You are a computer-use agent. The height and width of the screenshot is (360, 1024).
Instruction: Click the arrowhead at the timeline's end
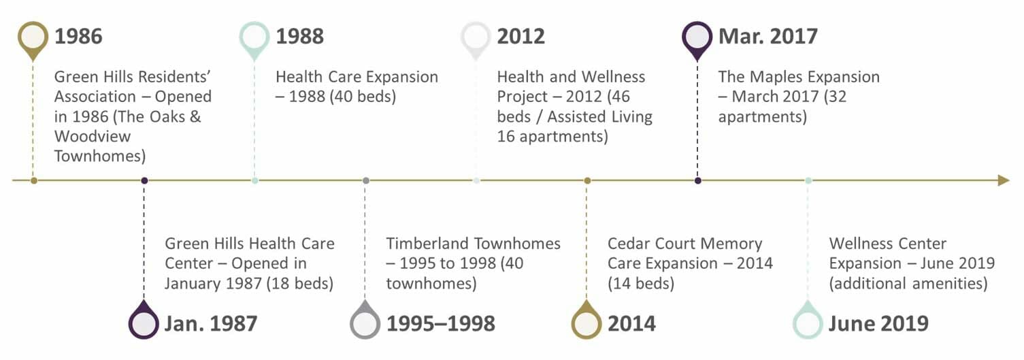tap(1004, 180)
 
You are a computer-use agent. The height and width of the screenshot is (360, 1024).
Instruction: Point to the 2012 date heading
tap(521, 36)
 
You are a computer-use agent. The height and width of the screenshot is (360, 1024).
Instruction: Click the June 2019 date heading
tap(878, 323)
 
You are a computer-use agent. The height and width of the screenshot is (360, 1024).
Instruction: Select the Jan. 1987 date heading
tap(211, 323)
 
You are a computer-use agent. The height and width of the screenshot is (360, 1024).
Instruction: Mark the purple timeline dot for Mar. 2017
tap(697, 181)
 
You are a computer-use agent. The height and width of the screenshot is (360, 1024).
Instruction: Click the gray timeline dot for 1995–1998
tap(366, 181)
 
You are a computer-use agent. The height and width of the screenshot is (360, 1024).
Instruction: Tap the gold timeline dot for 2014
tap(587, 181)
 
